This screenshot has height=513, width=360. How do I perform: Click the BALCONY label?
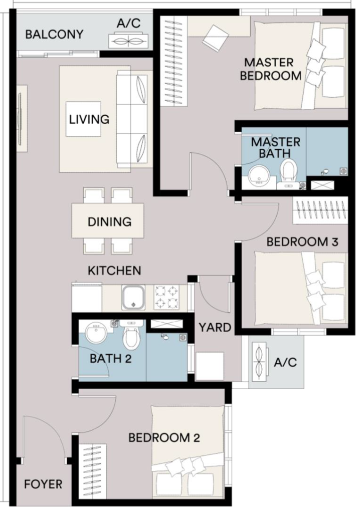(x=54, y=35)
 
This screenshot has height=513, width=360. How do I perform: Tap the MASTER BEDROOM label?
(x=271, y=69)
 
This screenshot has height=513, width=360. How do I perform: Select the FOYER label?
(x=43, y=484)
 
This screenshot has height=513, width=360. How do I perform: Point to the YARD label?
(x=215, y=327)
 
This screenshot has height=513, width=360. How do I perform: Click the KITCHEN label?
(x=114, y=271)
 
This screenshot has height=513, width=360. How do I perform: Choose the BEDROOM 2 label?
(x=164, y=437)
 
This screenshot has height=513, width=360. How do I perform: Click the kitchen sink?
(x=133, y=298)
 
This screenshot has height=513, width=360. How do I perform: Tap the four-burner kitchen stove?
(x=167, y=297)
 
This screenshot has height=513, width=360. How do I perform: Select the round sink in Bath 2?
(x=96, y=333)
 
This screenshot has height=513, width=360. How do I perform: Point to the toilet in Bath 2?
(x=131, y=334)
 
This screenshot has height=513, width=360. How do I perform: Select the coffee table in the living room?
(x=83, y=119)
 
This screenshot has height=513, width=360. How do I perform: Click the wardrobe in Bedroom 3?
(x=320, y=210)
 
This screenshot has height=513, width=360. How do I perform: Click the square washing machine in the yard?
(x=209, y=366)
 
